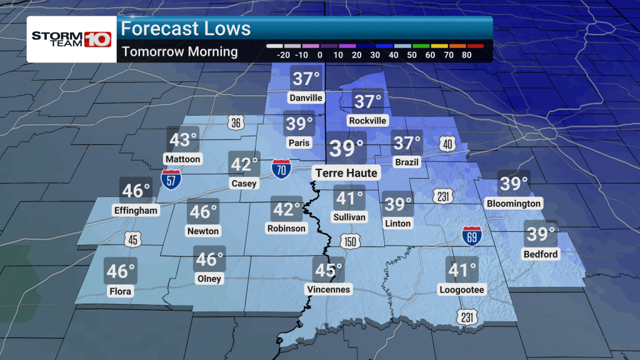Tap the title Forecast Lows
pyautogui.click(x=186, y=29)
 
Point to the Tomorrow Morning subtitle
pyautogui.click(x=180, y=51)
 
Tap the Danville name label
pyautogui.click(x=306, y=97)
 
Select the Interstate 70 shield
pyautogui.click(x=281, y=168)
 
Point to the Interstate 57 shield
pyautogui.click(x=171, y=179)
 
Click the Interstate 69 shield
pyautogui.click(x=472, y=236)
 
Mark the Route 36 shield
pyautogui.click(x=234, y=122)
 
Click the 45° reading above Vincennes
pyautogui.click(x=329, y=270)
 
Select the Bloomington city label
pyautogui.click(x=512, y=204)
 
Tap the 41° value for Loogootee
pyautogui.click(x=461, y=271)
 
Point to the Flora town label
pyautogui.click(x=121, y=291)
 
